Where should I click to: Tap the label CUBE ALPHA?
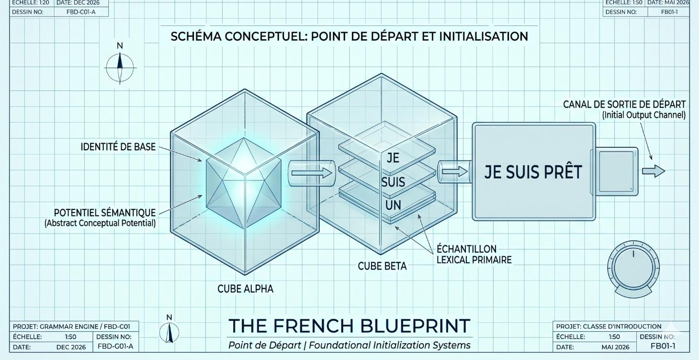pyautogui.click(x=245, y=289)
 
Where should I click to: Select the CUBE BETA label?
pyautogui.click(x=382, y=266)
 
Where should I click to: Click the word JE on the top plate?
pyautogui.click(x=393, y=158)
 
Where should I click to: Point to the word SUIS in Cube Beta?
pyautogui.click(x=393, y=182)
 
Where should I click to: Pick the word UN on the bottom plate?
pyautogui.click(x=393, y=205)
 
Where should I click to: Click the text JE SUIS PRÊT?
pyautogui.click(x=533, y=172)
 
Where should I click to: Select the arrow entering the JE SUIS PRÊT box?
pyautogui.click(x=455, y=171)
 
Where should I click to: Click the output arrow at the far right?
pyautogui.click(x=654, y=171)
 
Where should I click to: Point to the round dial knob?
pyautogui.click(x=633, y=268)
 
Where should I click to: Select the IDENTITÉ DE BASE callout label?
pyautogui.click(x=118, y=146)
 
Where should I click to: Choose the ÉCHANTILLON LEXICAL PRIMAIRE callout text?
pyautogui.click(x=474, y=254)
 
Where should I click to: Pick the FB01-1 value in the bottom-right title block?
pyautogui.click(x=663, y=346)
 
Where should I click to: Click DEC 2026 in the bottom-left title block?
pyautogui.click(x=71, y=347)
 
